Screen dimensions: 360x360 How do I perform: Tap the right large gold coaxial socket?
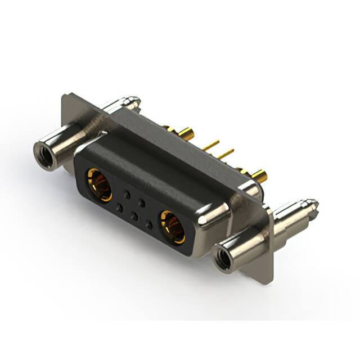click(x=172, y=227)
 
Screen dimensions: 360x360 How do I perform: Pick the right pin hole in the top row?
click(x=142, y=201)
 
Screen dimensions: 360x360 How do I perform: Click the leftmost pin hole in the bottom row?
click(x=119, y=208)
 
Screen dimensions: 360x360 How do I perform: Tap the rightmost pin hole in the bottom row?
click(x=148, y=225)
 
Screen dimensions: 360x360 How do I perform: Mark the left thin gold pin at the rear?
click(x=211, y=145)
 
